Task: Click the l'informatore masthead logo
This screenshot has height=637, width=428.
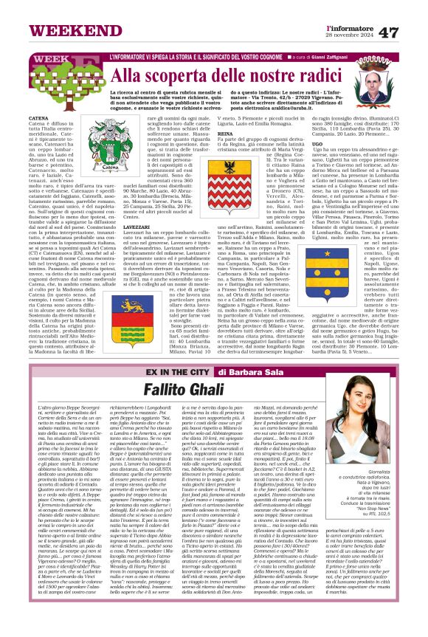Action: coord(349,26)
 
